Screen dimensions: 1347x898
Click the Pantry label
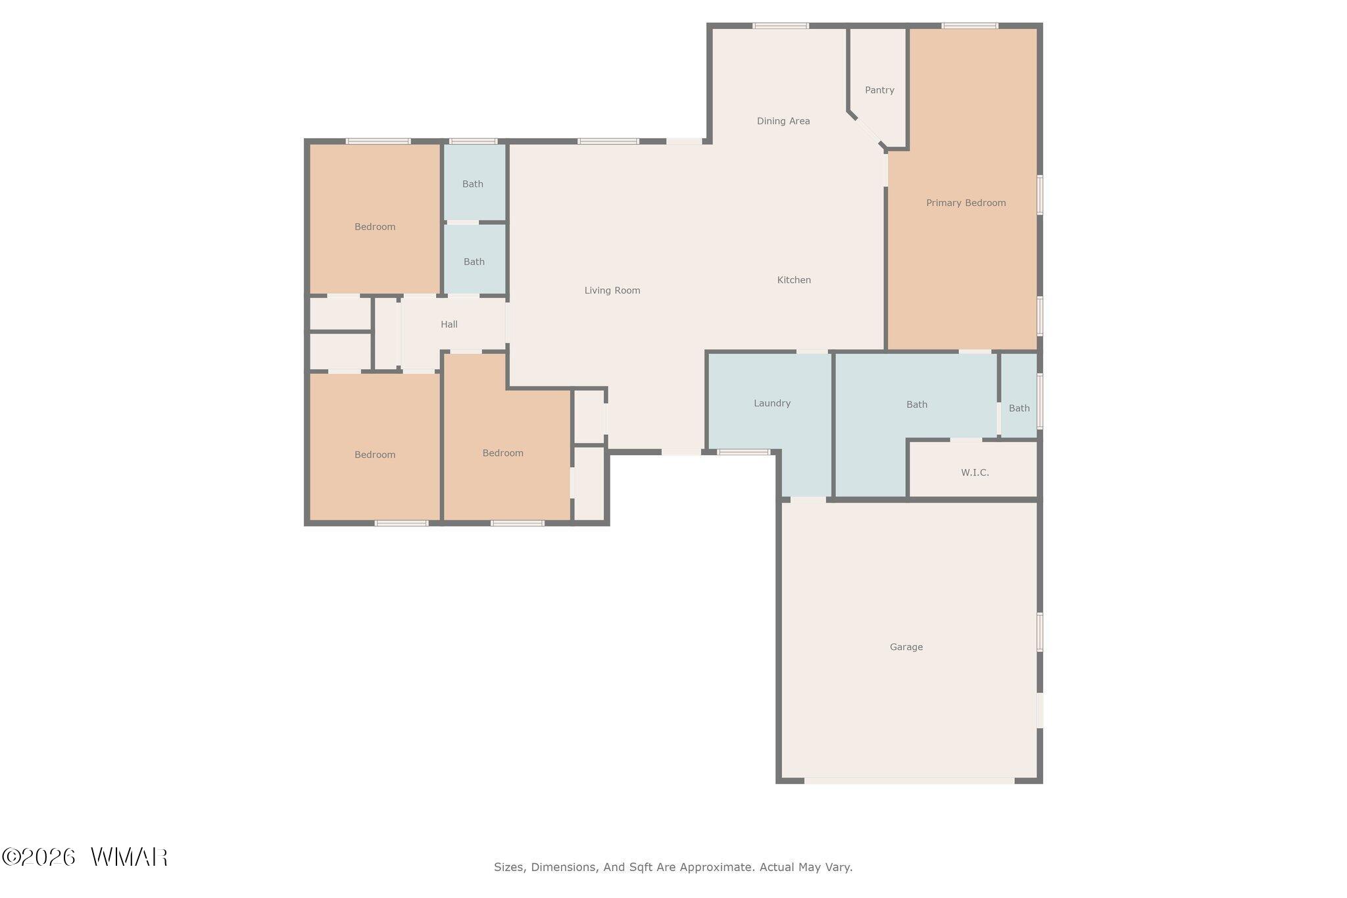click(879, 90)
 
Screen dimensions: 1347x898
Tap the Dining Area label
click(783, 121)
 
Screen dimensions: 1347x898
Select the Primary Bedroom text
click(966, 203)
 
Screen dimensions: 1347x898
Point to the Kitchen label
click(794, 280)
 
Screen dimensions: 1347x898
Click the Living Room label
click(612, 290)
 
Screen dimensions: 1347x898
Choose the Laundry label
click(772, 403)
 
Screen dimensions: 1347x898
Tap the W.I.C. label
click(975, 472)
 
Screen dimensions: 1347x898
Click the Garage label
click(906, 647)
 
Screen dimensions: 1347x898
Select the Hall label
click(449, 324)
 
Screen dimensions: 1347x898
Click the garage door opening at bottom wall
click(909, 780)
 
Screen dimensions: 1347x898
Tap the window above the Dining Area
click(781, 26)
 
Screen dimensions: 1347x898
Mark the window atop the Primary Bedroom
click(969, 26)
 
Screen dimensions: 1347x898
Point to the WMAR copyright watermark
click(85, 857)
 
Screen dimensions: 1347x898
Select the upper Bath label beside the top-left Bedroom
click(473, 184)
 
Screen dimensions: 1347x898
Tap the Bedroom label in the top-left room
click(375, 227)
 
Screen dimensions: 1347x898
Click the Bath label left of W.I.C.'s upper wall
click(917, 405)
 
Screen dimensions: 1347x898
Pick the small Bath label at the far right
click(1019, 409)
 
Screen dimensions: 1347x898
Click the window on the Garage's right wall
click(1040, 632)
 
